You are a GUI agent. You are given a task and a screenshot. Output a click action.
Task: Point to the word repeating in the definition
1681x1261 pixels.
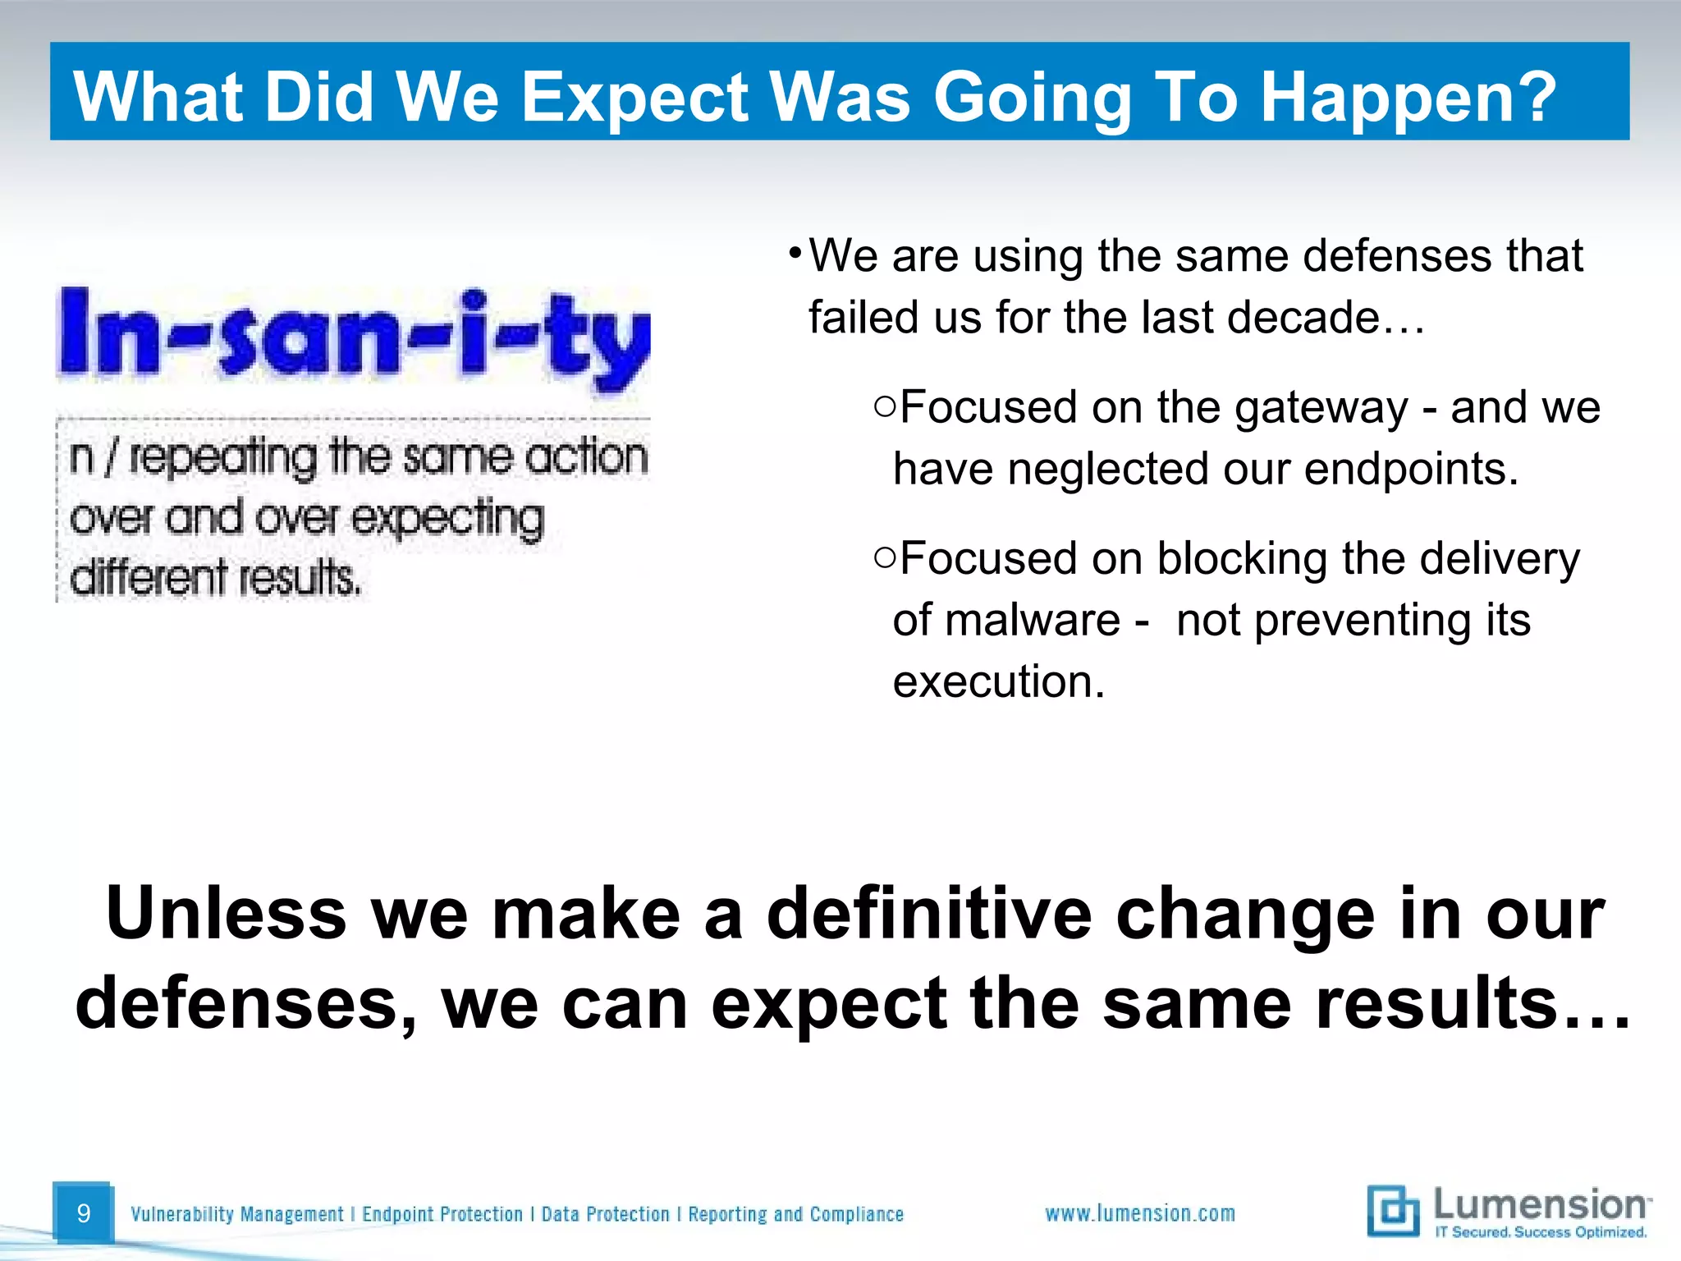(x=222, y=457)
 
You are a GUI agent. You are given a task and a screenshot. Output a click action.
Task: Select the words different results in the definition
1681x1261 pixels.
(x=215, y=577)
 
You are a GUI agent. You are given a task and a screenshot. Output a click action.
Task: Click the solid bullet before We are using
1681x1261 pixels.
(x=794, y=251)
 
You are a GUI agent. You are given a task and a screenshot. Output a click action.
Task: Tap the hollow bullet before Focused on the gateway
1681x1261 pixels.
(x=884, y=406)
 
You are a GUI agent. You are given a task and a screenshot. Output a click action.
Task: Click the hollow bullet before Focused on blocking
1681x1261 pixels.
(x=884, y=557)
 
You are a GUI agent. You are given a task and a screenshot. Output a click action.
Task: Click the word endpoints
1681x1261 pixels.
(x=1411, y=469)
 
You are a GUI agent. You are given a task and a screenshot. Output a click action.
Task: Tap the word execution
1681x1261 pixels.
(x=998, y=681)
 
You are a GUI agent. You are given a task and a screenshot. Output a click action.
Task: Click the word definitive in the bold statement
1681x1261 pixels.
(x=928, y=914)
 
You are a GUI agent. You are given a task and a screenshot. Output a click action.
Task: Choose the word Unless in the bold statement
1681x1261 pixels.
(x=226, y=914)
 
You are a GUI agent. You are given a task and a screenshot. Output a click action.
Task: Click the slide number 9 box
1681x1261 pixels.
(x=82, y=1213)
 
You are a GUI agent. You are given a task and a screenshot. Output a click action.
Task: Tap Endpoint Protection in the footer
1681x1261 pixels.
(x=442, y=1214)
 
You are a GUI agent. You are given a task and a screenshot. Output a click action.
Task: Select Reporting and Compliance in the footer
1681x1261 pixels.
(x=795, y=1214)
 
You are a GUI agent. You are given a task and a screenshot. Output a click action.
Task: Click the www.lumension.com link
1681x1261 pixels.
(x=1140, y=1213)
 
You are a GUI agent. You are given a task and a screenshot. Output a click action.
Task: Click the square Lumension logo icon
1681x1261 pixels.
(x=1392, y=1211)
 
